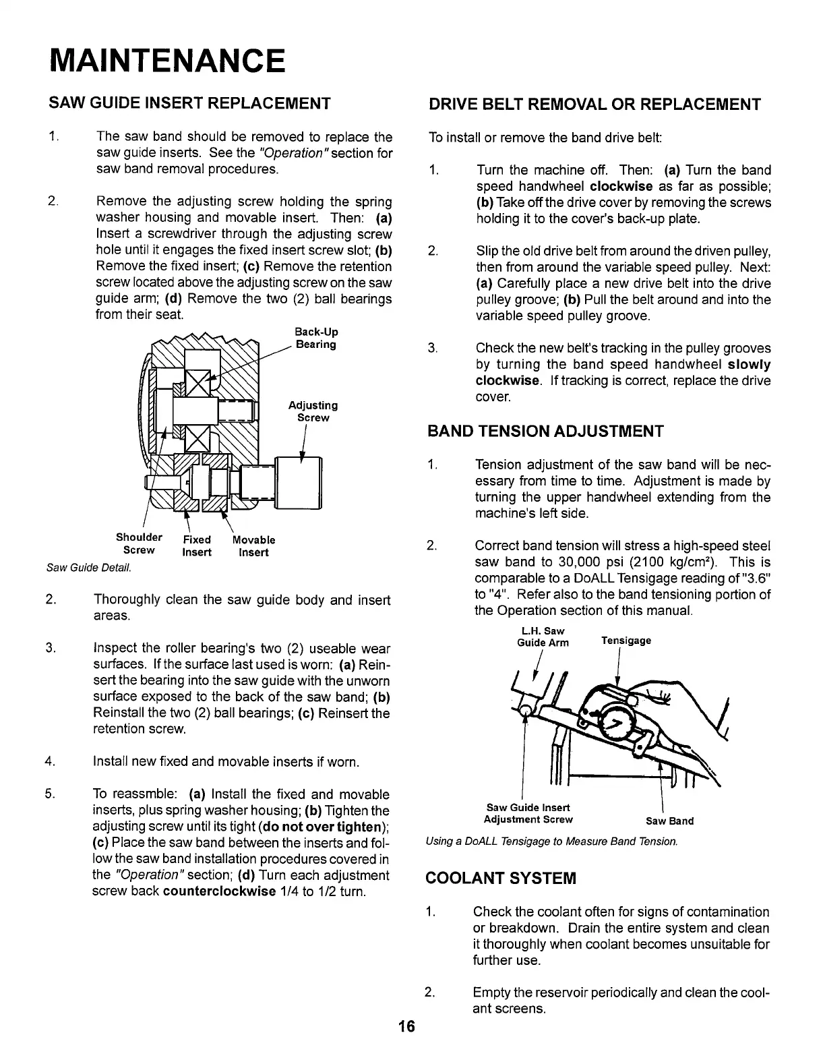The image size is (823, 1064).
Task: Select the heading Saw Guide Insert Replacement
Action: [189, 104]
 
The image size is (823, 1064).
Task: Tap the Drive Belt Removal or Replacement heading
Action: [595, 105]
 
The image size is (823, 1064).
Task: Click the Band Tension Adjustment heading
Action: [546, 432]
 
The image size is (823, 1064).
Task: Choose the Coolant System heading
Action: [501, 878]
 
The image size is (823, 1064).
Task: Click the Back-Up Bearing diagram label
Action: [316, 338]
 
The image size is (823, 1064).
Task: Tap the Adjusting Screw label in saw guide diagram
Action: [313, 411]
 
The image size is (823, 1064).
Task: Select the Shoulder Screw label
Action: [138, 543]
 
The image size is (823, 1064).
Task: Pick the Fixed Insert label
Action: [197, 546]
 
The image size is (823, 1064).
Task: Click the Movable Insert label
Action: [253, 546]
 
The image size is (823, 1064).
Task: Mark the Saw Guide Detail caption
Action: [89, 568]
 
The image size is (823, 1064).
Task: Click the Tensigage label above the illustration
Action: [626, 641]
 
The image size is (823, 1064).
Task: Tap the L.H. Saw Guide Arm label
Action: [543, 637]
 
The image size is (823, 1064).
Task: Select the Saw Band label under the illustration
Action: [669, 821]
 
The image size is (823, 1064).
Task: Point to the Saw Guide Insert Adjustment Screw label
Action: [528, 813]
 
